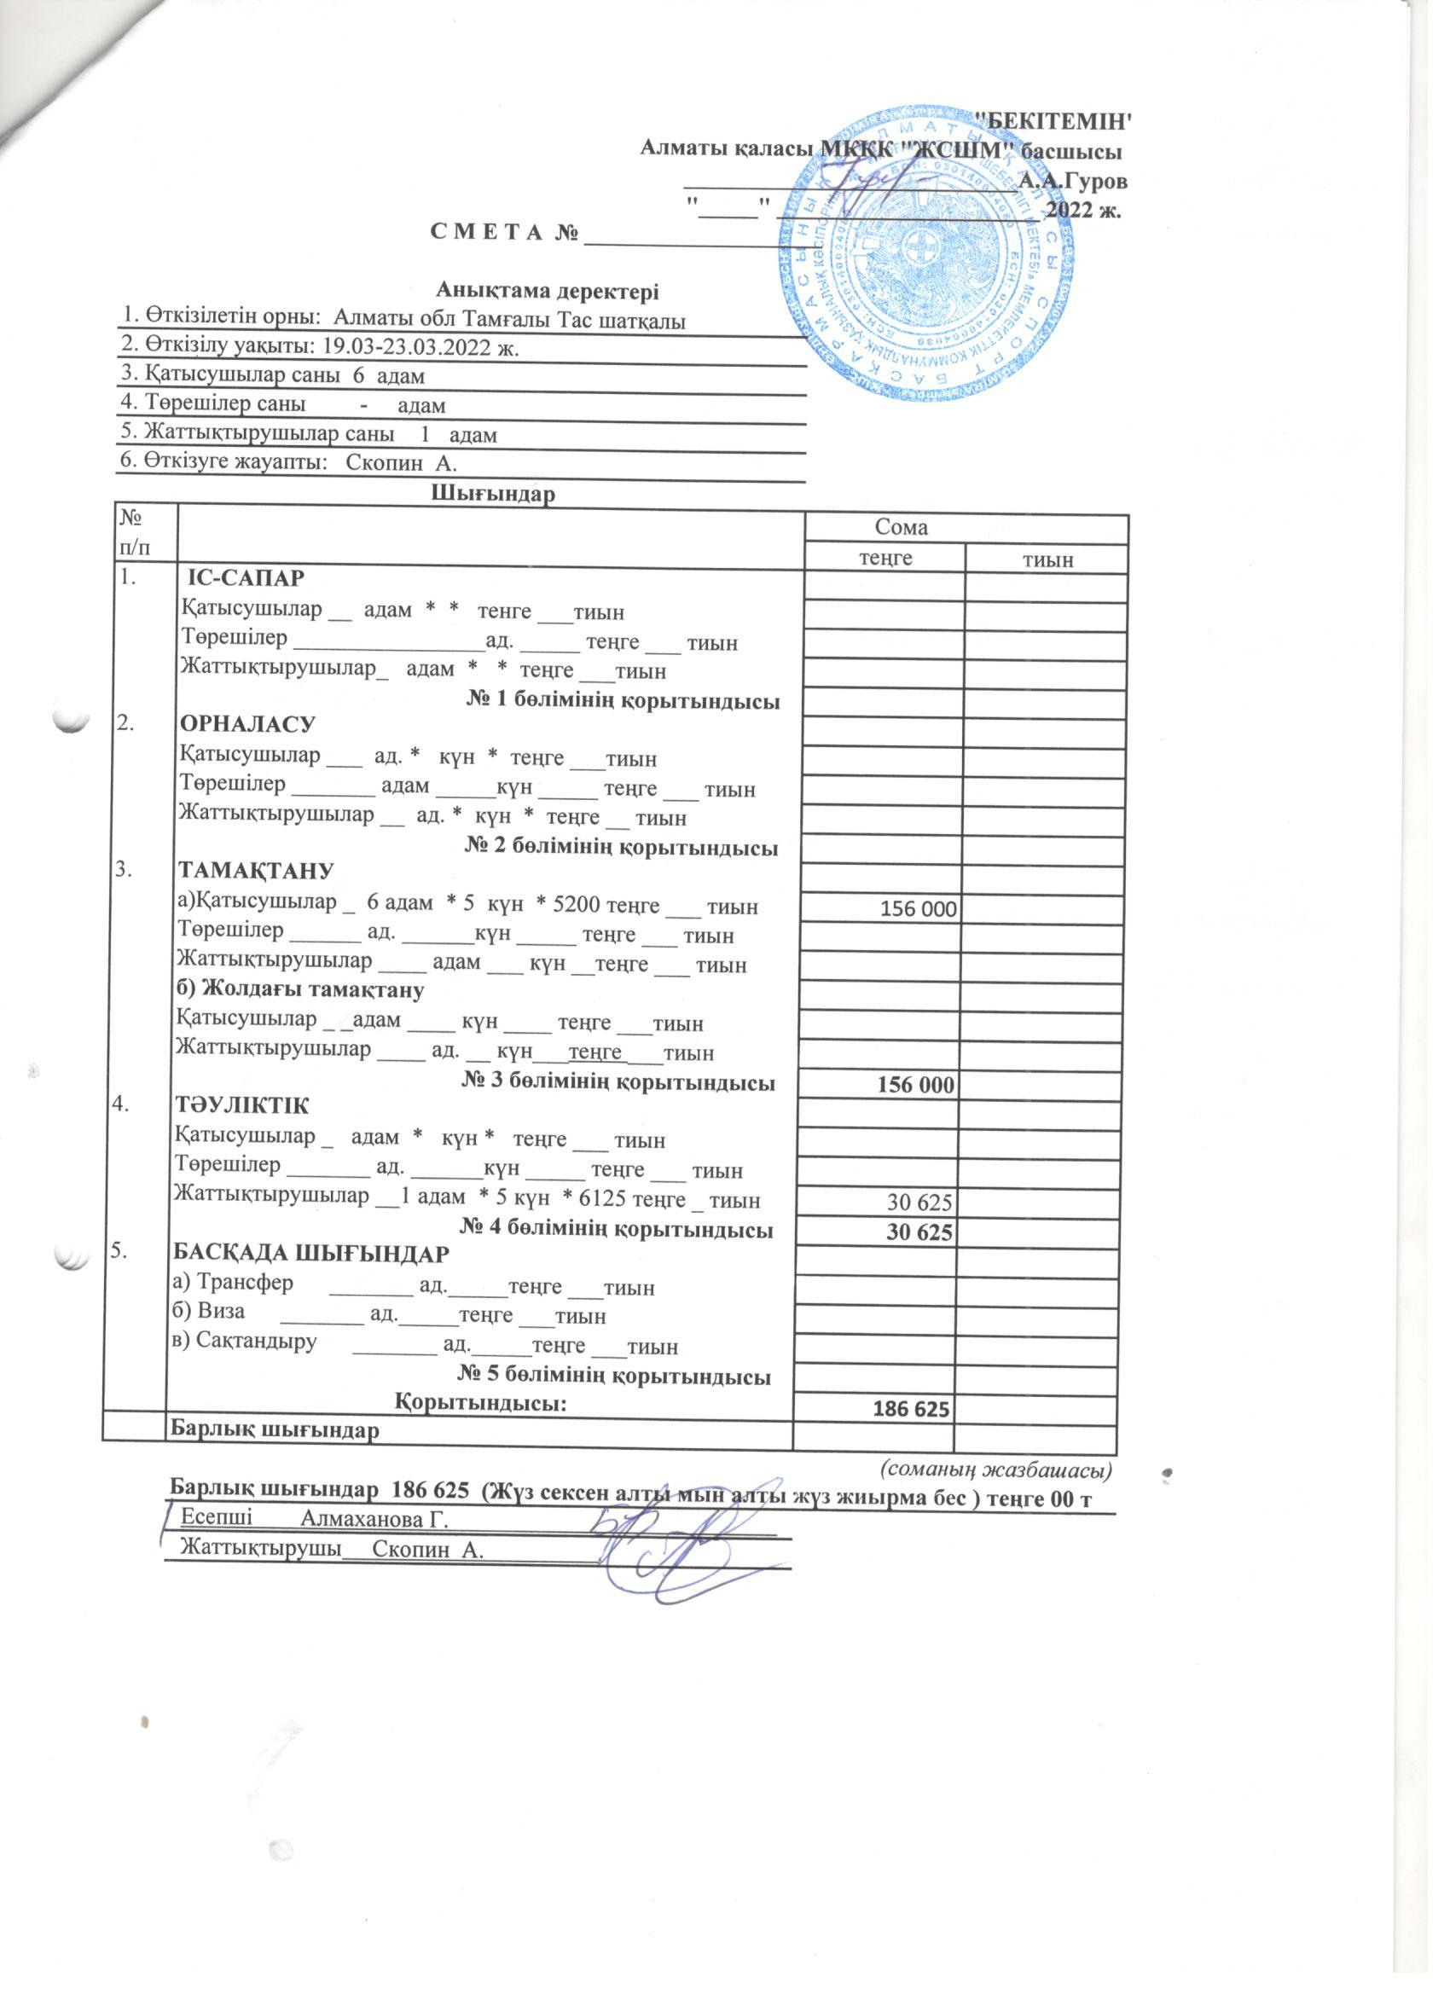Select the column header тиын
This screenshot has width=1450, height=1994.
pos(1047,560)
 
